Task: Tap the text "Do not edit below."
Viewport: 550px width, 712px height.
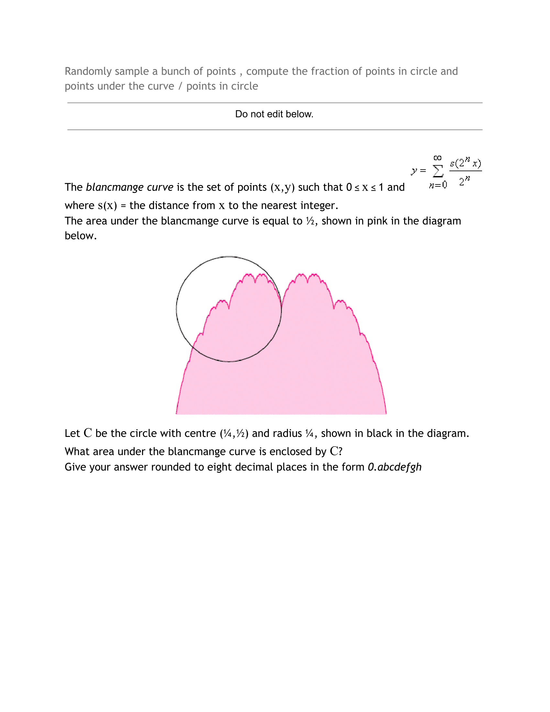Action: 274,114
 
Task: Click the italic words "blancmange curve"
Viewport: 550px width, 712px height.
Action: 129,187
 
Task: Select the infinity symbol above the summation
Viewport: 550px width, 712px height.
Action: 437,158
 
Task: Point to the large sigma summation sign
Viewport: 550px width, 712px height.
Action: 438,171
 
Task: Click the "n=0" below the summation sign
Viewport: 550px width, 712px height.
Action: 438,185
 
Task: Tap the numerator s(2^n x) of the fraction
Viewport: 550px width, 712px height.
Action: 465,163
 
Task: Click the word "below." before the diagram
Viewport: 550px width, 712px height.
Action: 81,236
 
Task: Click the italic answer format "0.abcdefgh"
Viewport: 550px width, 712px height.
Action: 394,467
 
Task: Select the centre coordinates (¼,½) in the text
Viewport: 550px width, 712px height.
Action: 234,434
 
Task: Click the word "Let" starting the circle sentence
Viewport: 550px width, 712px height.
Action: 72,434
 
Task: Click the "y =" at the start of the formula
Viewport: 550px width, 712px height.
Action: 418,171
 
